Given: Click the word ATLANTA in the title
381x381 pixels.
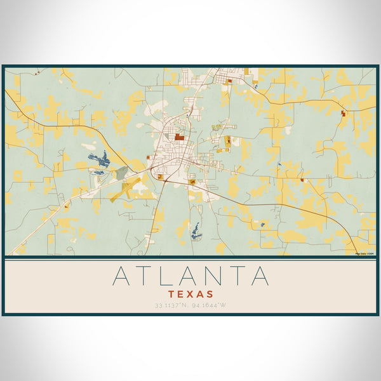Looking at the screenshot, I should [x=190, y=276].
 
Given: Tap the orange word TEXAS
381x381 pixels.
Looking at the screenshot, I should [x=190, y=295].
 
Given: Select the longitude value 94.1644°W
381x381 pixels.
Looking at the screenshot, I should [x=211, y=305].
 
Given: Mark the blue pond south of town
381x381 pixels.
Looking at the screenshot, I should [x=196, y=231].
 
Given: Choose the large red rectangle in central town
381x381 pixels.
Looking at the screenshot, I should [x=180, y=136].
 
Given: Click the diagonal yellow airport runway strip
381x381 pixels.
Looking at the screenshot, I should [x=126, y=189].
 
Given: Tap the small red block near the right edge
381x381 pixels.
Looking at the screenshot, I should [x=344, y=112].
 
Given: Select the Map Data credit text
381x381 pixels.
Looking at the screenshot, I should [x=364, y=253].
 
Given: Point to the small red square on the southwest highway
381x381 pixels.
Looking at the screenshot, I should [x=66, y=206].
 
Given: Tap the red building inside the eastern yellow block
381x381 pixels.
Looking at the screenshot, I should [x=227, y=141].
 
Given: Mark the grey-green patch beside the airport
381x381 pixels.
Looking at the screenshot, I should [x=121, y=173].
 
